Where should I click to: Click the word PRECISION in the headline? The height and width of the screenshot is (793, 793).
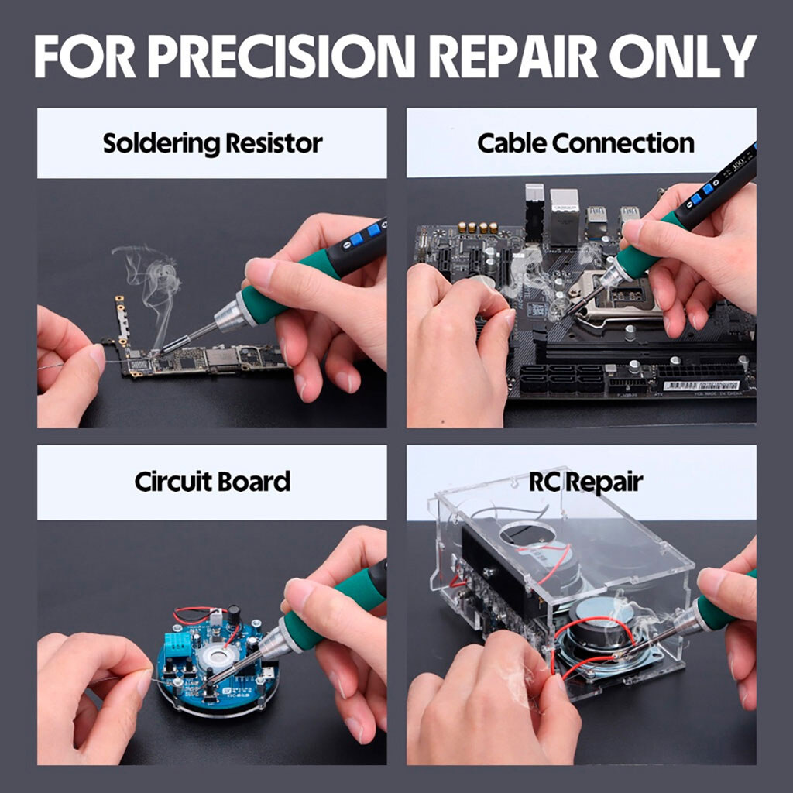click(281, 56)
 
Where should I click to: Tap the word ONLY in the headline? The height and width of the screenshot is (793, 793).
click(683, 56)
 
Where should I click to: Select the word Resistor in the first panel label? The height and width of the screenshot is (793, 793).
click(273, 143)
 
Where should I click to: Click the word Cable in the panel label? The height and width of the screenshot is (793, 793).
click(512, 143)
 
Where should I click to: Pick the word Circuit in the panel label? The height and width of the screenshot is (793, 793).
click(172, 482)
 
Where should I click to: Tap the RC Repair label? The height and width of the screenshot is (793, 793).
click(585, 482)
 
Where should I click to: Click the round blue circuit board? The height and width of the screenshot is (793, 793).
click(218, 661)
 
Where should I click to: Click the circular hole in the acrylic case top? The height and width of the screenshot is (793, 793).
click(534, 535)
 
